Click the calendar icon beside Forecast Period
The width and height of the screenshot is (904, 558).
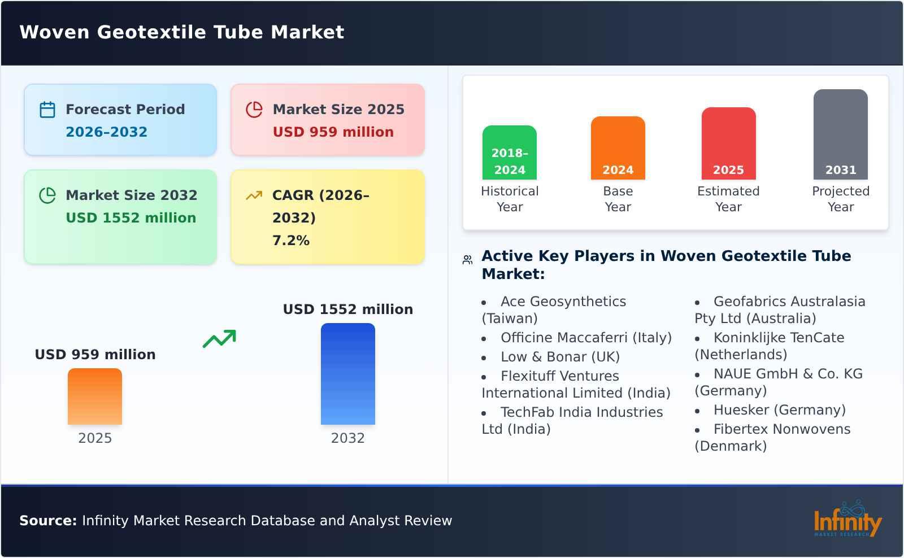(x=47, y=110)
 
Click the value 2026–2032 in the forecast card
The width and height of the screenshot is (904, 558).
(x=106, y=132)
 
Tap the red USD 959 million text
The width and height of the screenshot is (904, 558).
(x=333, y=132)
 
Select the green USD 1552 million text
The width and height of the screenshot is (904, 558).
(x=131, y=218)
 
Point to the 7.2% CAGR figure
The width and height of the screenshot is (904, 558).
(x=290, y=241)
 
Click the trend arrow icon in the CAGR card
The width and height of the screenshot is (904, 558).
(x=254, y=195)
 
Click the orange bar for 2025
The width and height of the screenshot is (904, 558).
(x=95, y=396)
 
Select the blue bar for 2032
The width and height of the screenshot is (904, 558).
(x=347, y=374)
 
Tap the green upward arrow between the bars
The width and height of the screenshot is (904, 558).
(x=219, y=339)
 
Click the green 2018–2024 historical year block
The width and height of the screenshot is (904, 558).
(x=509, y=152)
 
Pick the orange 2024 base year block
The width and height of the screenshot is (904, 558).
(x=618, y=148)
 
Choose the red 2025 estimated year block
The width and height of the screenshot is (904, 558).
(x=728, y=143)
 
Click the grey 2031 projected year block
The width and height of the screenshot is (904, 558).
(x=840, y=134)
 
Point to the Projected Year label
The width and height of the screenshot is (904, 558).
(x=840, y=199)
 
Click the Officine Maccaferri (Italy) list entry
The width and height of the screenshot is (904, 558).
(x=586, y=338)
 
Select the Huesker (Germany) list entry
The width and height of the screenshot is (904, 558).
(x=779, y=410)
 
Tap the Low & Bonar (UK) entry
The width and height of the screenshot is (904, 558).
(x=560, y=357)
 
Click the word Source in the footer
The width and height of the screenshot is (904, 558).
(x=47, y=521)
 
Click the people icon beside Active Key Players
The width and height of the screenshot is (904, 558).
(x=467, y=260)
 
